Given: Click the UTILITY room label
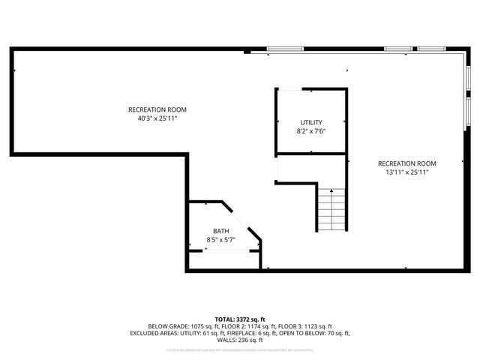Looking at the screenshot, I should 311,122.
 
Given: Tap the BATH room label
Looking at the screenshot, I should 220,231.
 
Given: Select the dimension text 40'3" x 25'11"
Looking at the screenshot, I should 157,118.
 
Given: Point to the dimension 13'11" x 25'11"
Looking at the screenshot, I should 406,172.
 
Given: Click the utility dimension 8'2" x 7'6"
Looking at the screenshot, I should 311,131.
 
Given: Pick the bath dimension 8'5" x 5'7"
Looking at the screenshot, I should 220,240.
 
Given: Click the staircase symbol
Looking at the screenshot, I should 331,209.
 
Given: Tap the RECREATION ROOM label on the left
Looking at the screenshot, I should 157,109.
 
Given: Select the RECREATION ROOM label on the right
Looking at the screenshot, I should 406,163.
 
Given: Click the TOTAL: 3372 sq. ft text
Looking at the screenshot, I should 240,319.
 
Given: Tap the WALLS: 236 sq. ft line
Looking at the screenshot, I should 240,340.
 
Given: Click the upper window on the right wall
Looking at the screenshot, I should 467,77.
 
